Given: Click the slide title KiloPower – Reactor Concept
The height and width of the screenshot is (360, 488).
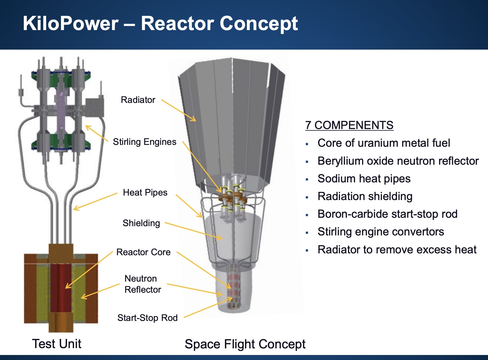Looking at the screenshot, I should point(160,24).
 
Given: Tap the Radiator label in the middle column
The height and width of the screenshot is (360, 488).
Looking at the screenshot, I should point(138,100).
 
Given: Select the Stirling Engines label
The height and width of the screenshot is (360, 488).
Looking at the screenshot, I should point(144,142).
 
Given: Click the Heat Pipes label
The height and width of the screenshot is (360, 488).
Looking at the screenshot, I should point(145,193).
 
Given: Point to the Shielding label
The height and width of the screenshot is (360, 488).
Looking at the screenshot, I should point(141,223).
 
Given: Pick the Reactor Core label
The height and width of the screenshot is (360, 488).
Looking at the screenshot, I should point(143,252).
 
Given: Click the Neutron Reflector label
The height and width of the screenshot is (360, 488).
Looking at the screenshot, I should point(142,284).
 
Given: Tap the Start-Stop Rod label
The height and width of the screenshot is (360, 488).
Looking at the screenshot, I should point(147,318).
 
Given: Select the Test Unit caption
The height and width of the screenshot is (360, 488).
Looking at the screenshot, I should point(56,344).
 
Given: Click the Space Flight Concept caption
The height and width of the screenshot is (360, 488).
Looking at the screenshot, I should point(245,344).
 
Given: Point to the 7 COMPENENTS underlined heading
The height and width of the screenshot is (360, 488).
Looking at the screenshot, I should point(349,125).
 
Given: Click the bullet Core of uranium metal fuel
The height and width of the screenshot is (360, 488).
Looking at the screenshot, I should point(384,143).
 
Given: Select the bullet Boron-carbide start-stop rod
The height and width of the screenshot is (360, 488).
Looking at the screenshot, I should point(387,214).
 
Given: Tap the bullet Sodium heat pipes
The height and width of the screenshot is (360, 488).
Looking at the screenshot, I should point(364,179).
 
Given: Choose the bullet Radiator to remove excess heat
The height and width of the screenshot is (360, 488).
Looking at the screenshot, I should point(397,250).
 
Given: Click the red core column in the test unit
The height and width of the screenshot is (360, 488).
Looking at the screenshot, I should point(61,288).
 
